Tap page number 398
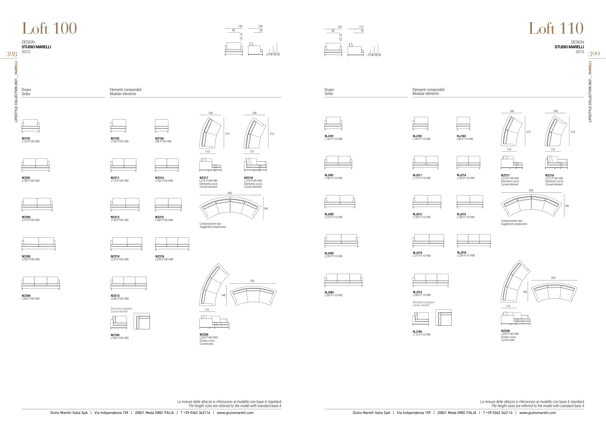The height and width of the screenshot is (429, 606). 12,54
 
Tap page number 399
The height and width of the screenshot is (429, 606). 594,54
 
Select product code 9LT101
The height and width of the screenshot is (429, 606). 26,138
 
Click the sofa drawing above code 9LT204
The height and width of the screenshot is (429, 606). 41,283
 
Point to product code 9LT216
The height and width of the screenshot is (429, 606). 159,256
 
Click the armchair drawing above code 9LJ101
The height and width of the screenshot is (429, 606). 333,123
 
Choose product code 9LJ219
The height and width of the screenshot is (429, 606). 417,253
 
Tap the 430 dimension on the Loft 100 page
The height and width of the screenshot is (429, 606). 230,193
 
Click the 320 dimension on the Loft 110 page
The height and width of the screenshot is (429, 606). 553,278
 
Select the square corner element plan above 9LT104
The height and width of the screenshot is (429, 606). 142,321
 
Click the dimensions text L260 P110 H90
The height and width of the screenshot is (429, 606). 333,295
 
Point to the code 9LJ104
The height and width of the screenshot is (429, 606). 417,331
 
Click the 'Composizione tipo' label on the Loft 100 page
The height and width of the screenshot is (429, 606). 210,224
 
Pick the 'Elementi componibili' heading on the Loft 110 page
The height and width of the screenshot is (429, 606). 428,90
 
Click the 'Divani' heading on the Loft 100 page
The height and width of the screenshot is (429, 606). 26,90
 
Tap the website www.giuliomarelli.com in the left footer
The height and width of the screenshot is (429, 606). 235,413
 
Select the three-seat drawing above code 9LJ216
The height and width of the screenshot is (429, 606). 473,240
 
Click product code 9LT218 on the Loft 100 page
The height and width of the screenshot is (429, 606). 248,178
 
